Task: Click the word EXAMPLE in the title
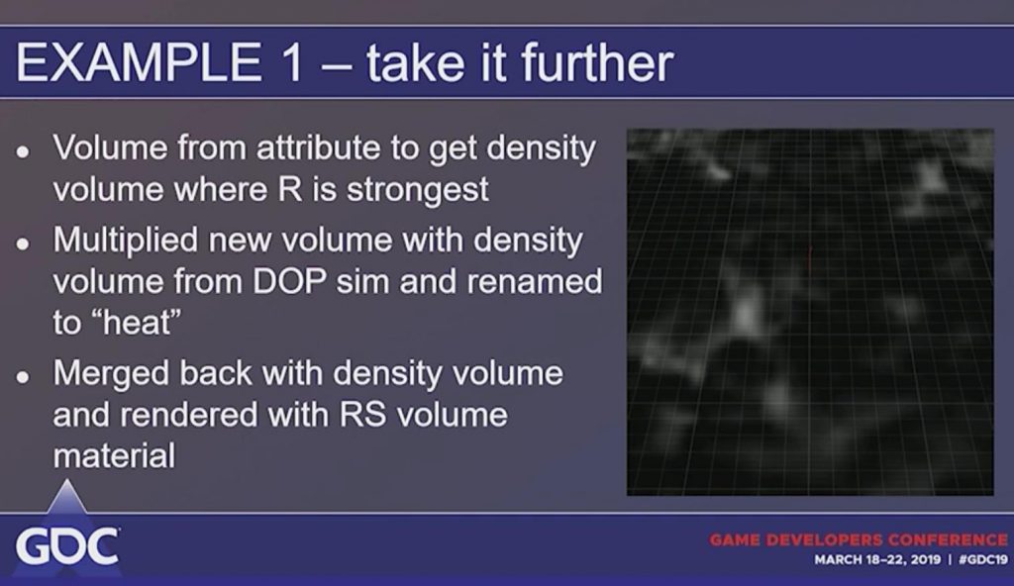[139, 62]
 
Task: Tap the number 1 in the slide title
[292, 62]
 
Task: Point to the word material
[114, 456]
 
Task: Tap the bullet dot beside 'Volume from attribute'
[24, 151]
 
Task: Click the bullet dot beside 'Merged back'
[24, 376]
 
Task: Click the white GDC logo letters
[67, 546]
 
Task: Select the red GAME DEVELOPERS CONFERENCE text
[859, 539]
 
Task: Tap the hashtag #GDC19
[983, 559]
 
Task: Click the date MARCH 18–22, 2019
[877, 559]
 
